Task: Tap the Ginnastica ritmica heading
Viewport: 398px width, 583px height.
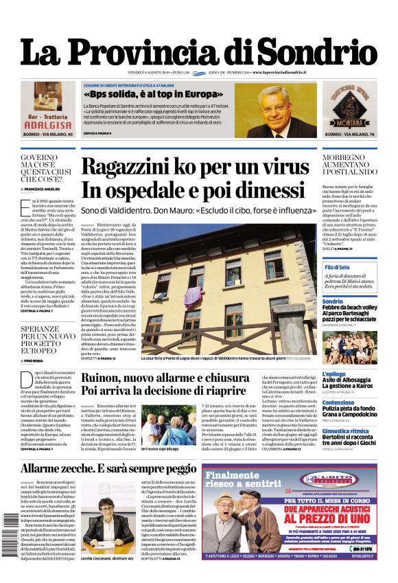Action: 347,431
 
